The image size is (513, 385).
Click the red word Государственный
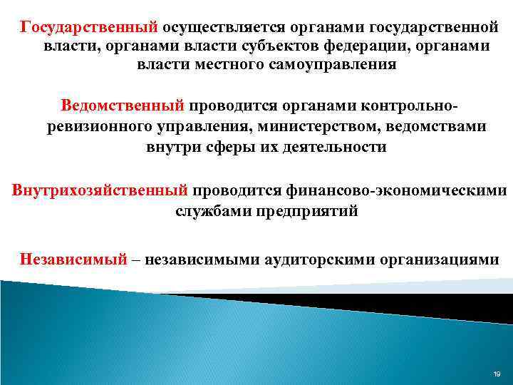pyautogui.click(x=89, y=27)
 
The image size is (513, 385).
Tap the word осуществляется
pyautogui.click(x=224, y=27)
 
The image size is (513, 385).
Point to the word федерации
pyautogui.click(x=360, y=46)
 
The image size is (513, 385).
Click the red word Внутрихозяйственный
pyautogui.click(x=100, y=191)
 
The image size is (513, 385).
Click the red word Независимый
pyautogui.click(x=73, y=258)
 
